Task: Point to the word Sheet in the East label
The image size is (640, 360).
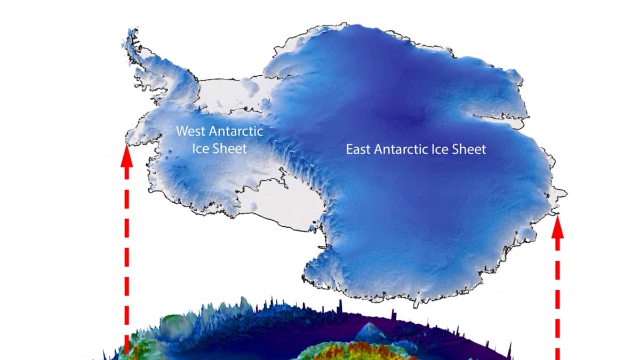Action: pos(469,149)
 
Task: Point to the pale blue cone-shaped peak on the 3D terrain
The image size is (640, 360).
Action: pos(372,331)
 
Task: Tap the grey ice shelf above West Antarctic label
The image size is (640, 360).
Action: pos(224,96)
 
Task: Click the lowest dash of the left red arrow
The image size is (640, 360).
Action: pos(126,344)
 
